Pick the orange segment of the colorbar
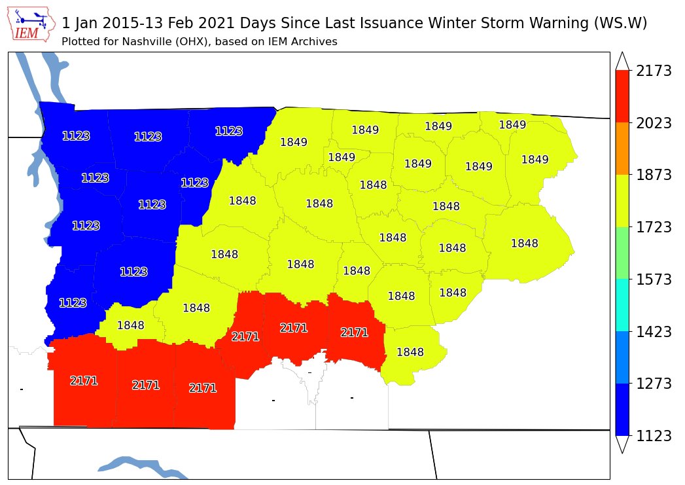[623, 148]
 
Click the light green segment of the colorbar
[623, 253]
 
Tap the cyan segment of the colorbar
[623, 305]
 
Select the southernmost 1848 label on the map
[410, 352]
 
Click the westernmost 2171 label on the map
[84, 381]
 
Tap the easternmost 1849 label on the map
[535, 160]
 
